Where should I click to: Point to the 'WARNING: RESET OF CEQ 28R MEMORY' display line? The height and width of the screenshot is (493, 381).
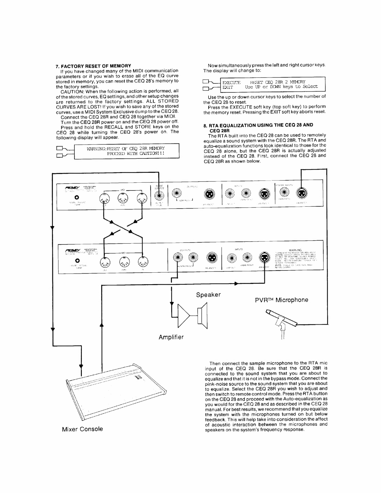(x=126, y=148)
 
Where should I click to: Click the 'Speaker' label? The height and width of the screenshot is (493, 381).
(x=208, y=295)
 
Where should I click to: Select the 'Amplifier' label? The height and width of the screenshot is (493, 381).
(x=171, y=337)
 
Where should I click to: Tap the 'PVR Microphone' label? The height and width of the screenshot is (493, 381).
(x=281, y=300)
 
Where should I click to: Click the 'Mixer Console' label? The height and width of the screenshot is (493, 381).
(x=82, y=429)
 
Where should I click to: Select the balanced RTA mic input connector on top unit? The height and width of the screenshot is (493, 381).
(x=302, y=194)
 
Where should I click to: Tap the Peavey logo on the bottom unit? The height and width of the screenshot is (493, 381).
(x=72, y=250)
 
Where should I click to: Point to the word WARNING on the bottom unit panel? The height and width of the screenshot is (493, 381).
(x=295, y=250)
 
